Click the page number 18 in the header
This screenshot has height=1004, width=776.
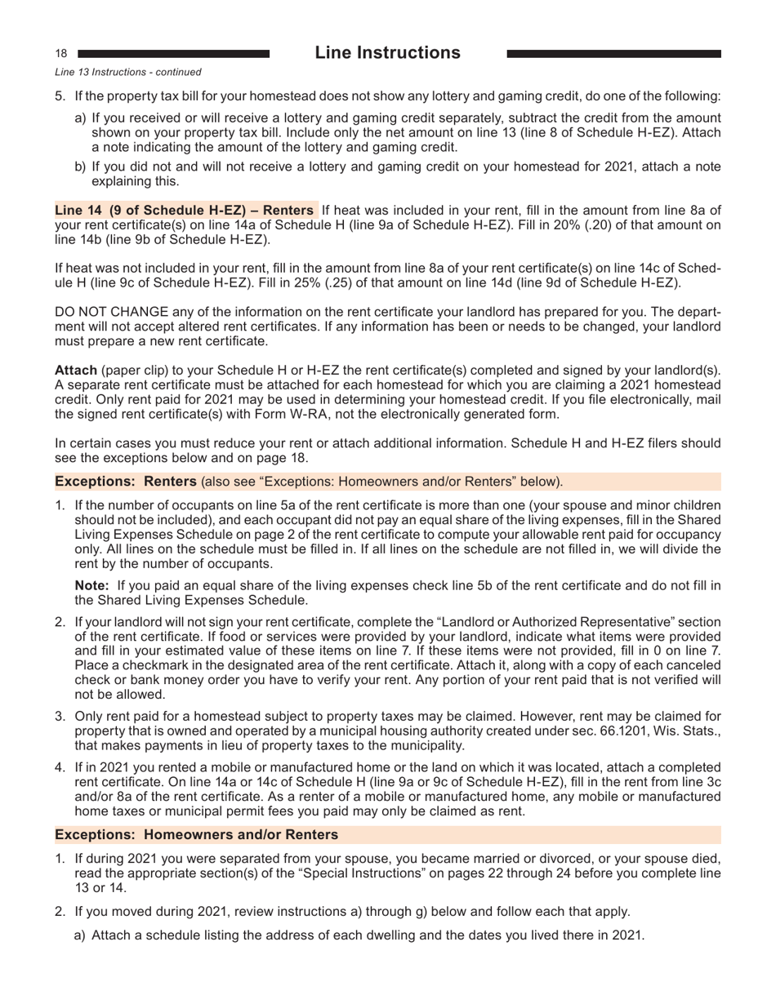61,53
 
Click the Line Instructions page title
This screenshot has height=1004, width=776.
387,53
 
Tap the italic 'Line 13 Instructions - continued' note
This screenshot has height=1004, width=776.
127,73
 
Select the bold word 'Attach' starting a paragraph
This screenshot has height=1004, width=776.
76,370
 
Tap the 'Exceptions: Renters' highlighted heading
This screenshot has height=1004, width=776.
126,481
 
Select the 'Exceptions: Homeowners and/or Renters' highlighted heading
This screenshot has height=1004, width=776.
196,834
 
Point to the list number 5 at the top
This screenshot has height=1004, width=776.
60,96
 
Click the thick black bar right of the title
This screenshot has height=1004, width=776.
613,54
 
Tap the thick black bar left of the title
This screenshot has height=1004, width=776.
173,54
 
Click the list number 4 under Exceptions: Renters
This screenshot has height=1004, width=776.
60,768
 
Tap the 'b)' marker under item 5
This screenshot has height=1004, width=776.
80,167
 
